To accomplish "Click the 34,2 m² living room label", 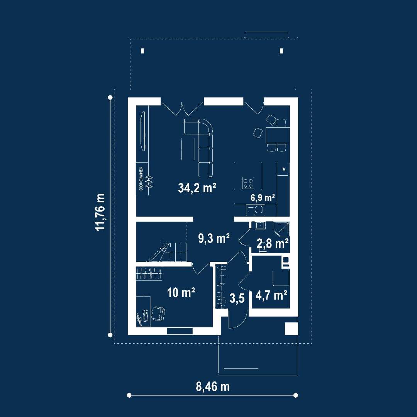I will coord(197,188).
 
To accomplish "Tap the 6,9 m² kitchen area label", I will coord(263,198).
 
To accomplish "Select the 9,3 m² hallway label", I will coord(214,238).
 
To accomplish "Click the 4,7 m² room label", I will coord(271,295).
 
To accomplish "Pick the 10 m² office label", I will coord(181,293).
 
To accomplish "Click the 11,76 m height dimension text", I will coord(100,212).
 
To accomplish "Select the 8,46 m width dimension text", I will coord(213,386).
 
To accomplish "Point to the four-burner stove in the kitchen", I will coord(248,183).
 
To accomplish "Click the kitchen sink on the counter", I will coord(256,210).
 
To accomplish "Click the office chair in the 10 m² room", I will coord(158,313).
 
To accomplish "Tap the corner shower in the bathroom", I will coord(282,229).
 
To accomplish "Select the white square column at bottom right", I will coord(291,329).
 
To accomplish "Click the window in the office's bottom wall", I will coord(180,331).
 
